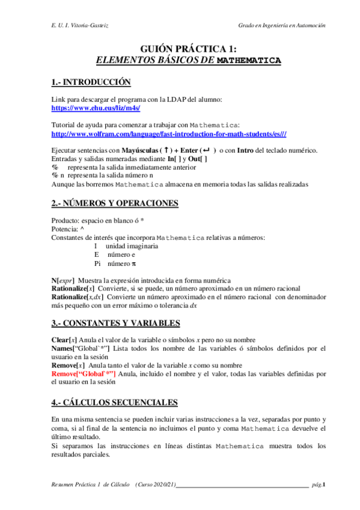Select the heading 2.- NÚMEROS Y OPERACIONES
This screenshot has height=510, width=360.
point(114,203)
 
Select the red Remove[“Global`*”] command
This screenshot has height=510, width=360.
point(84,373)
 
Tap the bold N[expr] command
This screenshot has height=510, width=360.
point(63,280)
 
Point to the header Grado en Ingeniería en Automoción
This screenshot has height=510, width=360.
point(281,26)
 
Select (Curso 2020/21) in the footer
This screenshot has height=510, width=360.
point(155,484)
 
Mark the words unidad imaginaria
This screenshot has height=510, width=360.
point(132,246)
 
